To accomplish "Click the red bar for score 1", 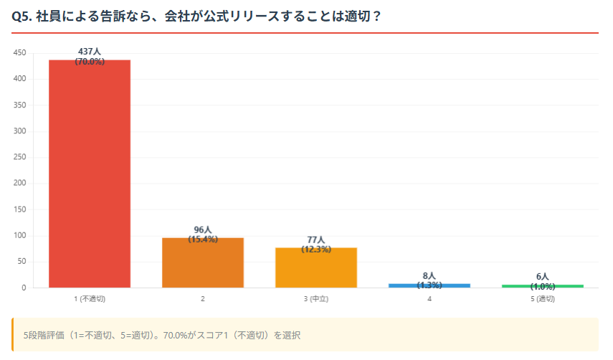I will coord(90,174).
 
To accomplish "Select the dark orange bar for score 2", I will coord(203,262).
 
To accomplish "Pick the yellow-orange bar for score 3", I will coord(316,267).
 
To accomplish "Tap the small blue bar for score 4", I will coord(429,285).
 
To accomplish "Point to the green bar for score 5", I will coord(543,286).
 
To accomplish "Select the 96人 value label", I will coord(203,229).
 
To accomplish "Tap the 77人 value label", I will coord(316,240).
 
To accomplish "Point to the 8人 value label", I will coord(429,275).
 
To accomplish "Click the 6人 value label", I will coord(543,277).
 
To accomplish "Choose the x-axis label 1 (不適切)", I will coord(90,298).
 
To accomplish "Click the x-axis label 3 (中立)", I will coord(316,298).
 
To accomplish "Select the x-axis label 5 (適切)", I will coord(543,298).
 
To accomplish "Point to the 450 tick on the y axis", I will coord(19,53).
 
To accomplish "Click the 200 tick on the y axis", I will coord(19,184).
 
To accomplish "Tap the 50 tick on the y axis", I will coord(22,262).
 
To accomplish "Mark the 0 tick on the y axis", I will coord(24,288).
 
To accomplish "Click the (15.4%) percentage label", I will coord(203,239).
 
